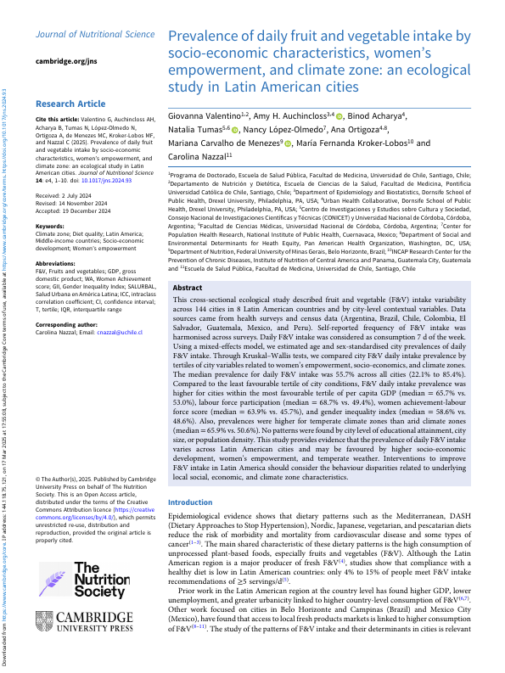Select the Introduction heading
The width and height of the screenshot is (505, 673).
(x=192, y=502)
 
